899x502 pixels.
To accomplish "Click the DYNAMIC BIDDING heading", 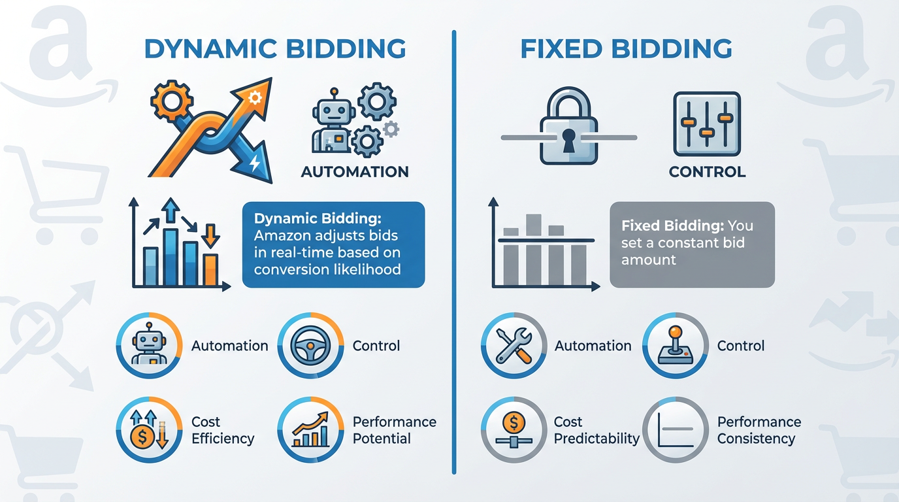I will (x=274, y=50).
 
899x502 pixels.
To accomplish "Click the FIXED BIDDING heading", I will (x=625, y=50).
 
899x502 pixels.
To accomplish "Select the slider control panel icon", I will (x=706, y=124).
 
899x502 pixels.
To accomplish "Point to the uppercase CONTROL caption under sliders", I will (x=707, y=173).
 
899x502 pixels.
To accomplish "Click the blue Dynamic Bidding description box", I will (x=333, y=244).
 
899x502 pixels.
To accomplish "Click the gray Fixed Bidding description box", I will (x=691, y=244).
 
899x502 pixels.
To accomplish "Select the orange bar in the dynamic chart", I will (x=210, y=269).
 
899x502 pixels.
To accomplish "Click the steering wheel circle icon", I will (x=310, y=345).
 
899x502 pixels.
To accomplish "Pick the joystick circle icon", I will (x=675, y=345).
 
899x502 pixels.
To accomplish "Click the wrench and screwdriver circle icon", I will (x=513, y=345).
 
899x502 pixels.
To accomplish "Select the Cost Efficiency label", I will (x=222, y=430).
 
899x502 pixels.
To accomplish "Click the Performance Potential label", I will (x=394, y=430).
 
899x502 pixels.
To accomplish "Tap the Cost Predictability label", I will (x=597, y=430).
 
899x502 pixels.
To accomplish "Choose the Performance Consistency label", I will (x=759, y=430).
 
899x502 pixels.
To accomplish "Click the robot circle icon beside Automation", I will (x=149, y=345).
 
